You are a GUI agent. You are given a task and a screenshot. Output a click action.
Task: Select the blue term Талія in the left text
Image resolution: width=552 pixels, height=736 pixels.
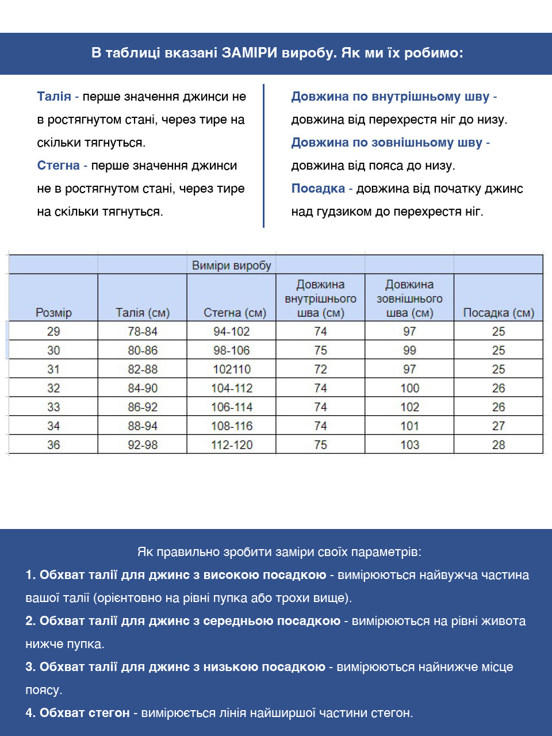(54, 97)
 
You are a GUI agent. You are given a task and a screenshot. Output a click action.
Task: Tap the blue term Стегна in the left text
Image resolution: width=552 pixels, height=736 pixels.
(58, 166)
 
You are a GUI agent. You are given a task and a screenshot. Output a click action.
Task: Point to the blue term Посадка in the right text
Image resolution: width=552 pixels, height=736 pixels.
(318, 189)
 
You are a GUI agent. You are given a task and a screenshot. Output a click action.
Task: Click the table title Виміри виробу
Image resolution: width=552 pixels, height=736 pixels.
(231, 266)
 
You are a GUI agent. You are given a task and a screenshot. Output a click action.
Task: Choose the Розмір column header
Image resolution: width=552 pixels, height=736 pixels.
(53, 313)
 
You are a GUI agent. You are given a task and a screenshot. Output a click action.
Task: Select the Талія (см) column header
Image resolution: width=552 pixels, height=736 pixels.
(143, 313)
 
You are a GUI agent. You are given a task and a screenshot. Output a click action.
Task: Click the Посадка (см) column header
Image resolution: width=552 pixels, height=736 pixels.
(499, 313)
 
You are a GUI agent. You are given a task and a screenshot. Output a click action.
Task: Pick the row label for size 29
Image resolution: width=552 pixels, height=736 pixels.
(53, 331)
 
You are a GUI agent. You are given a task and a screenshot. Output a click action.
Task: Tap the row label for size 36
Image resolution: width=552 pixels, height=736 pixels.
(53, 444)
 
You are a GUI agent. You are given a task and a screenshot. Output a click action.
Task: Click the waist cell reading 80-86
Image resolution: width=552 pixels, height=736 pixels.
(143, 350)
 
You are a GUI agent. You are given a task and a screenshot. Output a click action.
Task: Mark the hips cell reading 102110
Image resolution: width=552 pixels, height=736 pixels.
(232, 369)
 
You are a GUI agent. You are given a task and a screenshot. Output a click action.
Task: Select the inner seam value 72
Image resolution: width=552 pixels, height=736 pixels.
(320, 369)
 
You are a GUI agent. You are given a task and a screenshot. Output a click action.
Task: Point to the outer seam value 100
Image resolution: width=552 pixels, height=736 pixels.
(409, 388)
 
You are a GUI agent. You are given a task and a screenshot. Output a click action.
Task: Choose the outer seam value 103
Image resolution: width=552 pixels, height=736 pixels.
(409, 444)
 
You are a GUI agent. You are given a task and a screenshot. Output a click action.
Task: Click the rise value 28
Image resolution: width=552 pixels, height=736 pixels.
(499, 444)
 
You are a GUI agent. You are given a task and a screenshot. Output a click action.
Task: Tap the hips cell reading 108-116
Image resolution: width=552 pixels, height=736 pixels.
(232, 426)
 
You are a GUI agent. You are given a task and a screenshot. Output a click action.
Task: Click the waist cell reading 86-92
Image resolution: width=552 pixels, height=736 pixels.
(143, 407)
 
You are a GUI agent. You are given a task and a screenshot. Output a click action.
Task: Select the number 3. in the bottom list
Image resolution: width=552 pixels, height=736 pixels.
(30, 667)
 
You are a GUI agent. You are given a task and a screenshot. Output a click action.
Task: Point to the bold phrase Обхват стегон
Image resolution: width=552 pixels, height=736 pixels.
(85, 713)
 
